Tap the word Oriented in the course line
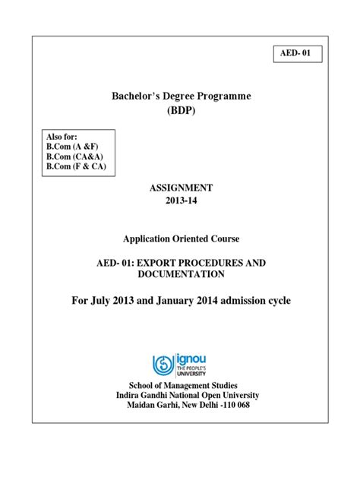[182, 236]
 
